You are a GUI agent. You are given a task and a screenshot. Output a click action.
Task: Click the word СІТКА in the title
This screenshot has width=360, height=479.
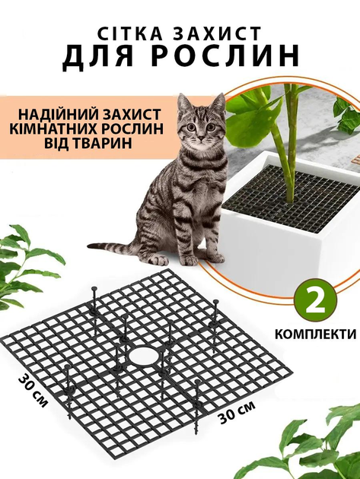(x=131, y=33)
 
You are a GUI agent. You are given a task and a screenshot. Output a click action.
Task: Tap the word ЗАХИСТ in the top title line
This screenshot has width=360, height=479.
(x=218, y=33)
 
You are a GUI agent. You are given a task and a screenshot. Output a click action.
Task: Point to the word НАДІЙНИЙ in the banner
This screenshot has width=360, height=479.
(x=59, y=114)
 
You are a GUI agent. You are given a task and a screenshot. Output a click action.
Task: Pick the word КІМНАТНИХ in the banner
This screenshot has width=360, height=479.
(x=53, y=128)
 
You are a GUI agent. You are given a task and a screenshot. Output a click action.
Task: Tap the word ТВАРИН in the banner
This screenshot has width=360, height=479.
(x=103, y=143)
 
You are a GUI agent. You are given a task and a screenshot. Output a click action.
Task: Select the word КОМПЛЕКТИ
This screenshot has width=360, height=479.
(x=316, y=334)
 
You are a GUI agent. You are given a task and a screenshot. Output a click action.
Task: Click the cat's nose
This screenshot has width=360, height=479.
(x=201, y=138)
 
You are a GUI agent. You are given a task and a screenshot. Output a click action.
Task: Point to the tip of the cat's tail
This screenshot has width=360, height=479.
(x=89, y=246)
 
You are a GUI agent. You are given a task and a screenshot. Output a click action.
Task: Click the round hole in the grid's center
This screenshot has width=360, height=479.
(x=144, y=356)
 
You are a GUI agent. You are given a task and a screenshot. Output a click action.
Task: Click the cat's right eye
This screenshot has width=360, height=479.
(x=191, y=127)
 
